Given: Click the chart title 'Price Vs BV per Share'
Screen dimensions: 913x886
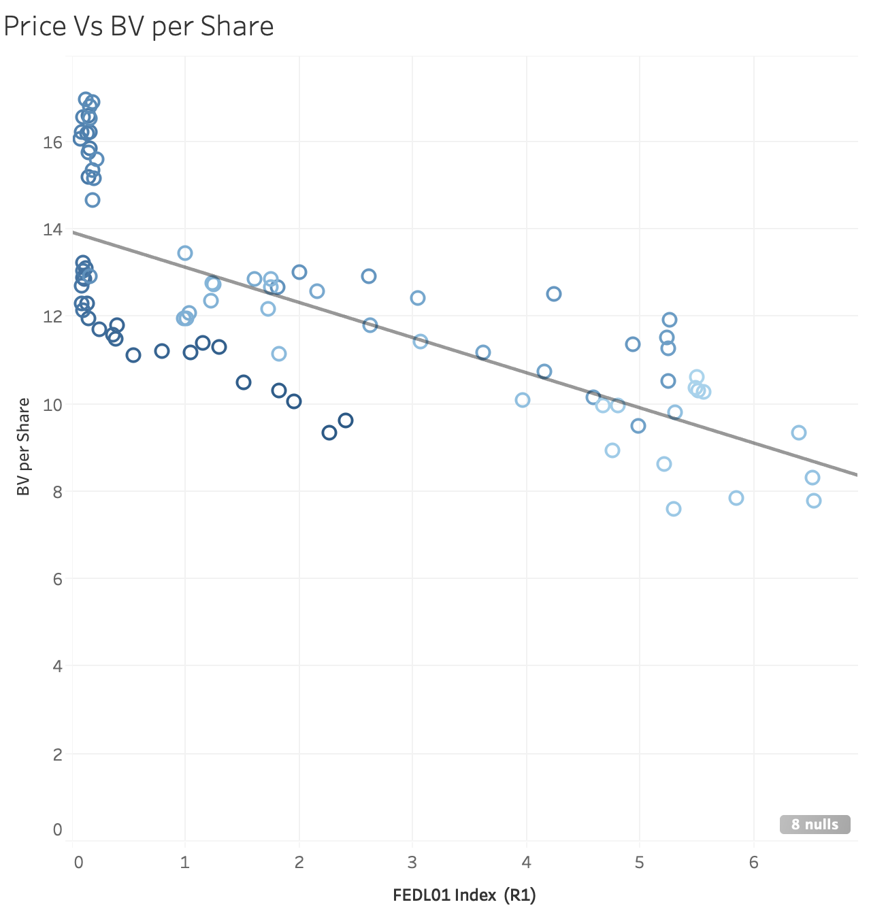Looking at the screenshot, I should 139,27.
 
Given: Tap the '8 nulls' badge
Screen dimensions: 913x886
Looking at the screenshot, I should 815,824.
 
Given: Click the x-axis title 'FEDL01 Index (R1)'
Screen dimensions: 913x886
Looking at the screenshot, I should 464,895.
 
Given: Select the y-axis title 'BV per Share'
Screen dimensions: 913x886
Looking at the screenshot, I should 24,446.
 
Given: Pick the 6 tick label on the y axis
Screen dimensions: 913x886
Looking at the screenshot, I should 57,579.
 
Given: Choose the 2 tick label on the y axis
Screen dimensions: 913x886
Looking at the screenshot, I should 57,754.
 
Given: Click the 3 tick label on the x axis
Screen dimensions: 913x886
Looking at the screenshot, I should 412,862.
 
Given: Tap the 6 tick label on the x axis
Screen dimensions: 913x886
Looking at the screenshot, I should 753,862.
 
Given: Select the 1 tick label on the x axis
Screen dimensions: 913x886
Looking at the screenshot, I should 184,862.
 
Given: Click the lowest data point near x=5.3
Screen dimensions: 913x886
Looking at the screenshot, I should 674,509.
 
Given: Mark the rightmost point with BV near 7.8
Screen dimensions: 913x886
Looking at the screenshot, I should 814,501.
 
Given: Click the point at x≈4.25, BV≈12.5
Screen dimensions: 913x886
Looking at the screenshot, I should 554,294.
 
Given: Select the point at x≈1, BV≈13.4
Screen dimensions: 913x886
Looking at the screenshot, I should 185,253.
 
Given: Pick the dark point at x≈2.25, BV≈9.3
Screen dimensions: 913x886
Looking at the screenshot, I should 329,433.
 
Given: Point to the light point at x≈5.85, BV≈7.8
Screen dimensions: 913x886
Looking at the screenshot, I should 736,498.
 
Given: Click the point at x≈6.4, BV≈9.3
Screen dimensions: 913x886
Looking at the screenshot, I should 799,433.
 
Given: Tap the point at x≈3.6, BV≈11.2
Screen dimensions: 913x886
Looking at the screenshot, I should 483,352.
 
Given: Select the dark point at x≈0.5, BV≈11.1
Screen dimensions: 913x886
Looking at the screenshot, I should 133,355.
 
